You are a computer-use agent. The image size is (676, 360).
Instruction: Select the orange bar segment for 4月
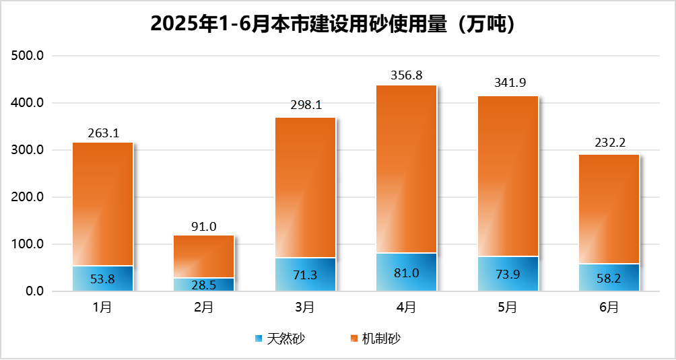406,168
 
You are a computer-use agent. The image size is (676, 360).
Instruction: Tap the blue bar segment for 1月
102,279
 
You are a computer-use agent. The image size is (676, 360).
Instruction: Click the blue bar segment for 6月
609,277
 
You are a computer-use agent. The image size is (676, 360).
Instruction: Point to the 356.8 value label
406,75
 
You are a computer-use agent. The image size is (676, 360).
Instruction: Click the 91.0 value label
203,226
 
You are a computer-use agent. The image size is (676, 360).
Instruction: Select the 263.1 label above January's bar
102,133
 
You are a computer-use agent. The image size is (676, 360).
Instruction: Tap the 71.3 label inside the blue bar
305,275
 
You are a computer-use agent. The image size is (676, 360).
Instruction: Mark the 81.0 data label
406,273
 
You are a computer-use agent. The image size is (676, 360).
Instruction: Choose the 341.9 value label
508,83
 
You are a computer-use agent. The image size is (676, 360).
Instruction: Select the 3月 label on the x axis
305,308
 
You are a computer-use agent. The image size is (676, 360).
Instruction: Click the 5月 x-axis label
508,308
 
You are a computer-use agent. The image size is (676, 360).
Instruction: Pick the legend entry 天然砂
285,338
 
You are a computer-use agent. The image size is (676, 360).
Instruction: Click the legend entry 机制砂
381,338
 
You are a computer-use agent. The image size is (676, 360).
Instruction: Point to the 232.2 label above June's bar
609,143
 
